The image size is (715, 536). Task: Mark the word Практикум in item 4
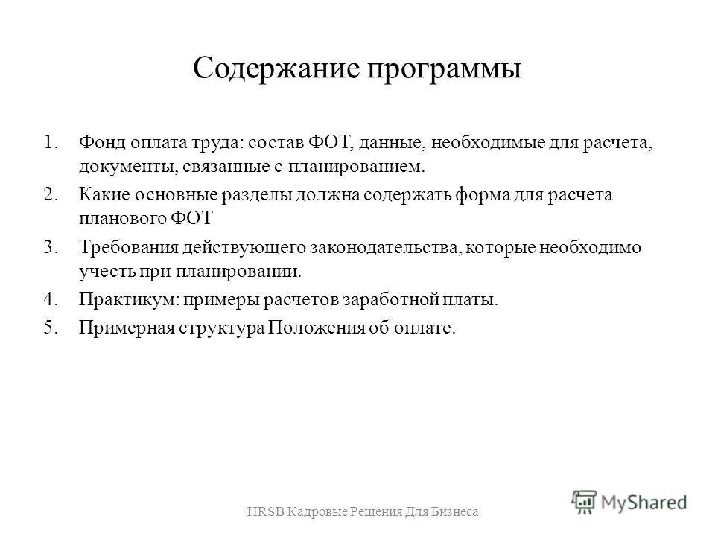click(121, 301)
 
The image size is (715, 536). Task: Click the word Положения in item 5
click(316, 328)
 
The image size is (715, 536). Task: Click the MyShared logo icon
click(585, 501)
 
